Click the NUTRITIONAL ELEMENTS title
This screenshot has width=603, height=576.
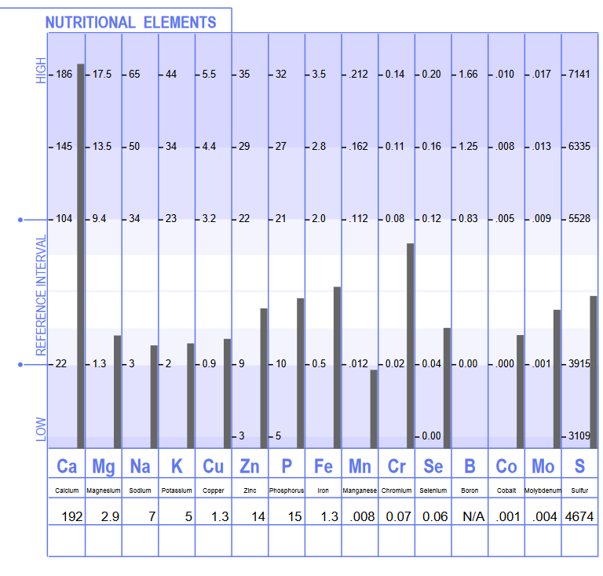130,22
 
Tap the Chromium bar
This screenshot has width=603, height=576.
410,345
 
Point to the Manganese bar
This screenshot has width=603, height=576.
374,408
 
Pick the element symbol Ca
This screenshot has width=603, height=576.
67,466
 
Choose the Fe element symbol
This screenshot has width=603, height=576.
323,466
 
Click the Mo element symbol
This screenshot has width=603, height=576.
543,466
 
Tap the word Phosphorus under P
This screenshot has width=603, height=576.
287,490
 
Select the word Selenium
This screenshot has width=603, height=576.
433,490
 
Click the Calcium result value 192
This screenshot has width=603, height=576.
72,516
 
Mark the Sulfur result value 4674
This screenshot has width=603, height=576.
579,516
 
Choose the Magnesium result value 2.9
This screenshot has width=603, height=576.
110,516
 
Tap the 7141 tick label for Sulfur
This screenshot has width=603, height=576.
579,75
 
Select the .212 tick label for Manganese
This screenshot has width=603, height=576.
358,75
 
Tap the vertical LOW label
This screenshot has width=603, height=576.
42,428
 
